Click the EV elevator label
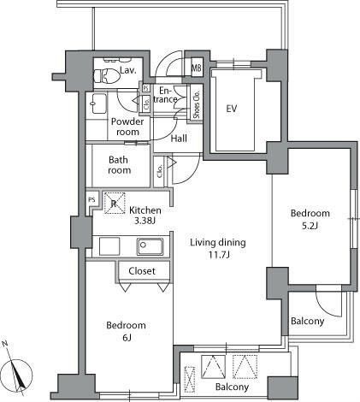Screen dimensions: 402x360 pyautogui.click(x=231, y=109)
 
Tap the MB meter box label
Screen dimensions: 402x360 pyautogui.click(x=196, y=68)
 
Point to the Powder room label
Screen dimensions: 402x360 pyautogui.click(x=128, y=127)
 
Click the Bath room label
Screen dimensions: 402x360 pyautogui.click(x=121, y=165)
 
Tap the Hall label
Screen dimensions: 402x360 pyautogui.click(x=180, y=139)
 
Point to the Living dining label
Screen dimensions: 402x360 pyautogui.click(x=218, y=242)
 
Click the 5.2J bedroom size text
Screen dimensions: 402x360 pyautogui.click(x=310, y=225)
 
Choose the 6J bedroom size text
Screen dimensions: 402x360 pyautogui.click(x=126, y=338)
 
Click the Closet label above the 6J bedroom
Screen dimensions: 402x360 pyautogui.click(x=142, y=271)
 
